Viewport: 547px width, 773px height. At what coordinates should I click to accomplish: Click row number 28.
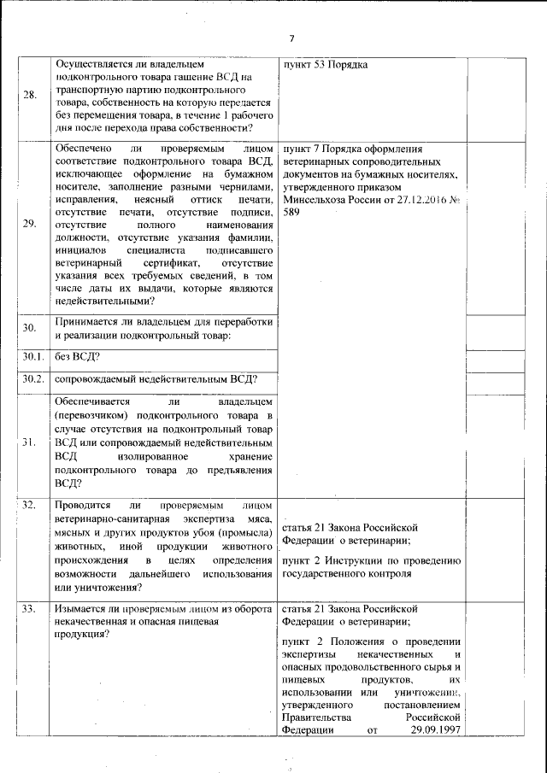(x=30, y=95)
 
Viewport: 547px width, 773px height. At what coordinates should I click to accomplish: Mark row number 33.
(x=29, y=609)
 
